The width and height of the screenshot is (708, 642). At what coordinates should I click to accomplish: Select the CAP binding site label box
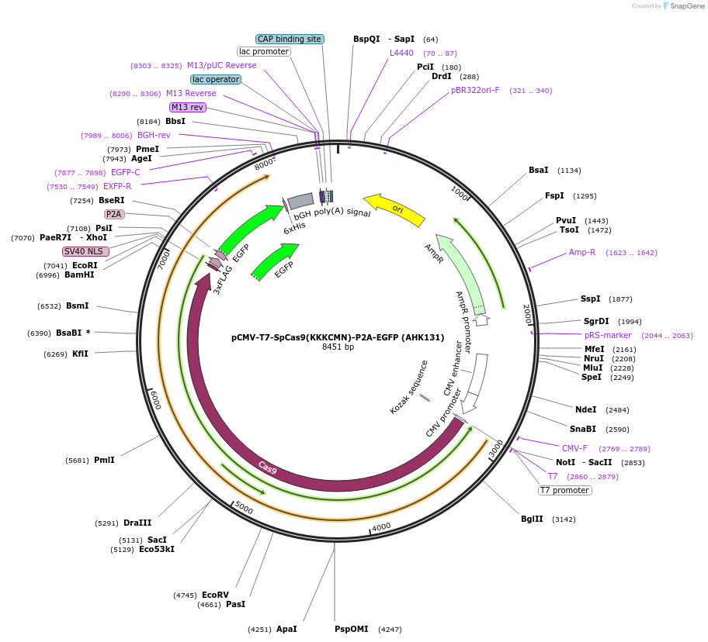[290, 39]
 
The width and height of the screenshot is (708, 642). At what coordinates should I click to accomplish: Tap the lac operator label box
[216, 79]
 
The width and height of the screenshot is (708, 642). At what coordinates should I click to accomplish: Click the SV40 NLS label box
[85, 251]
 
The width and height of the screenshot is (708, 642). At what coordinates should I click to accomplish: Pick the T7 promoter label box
[565, 490]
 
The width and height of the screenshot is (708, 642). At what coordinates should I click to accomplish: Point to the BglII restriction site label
[533, 519]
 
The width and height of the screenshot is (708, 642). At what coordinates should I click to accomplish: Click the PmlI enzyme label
[104, 460]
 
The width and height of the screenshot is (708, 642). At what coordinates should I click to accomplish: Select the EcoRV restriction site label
[215, 595]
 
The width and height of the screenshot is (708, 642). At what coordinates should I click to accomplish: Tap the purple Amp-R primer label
[582, 252]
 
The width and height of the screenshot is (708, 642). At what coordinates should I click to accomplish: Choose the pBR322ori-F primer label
[475, 90]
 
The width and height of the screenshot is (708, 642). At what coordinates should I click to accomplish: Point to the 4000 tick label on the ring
[380, 527]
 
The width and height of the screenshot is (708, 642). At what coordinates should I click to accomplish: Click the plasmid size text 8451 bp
[338, 347]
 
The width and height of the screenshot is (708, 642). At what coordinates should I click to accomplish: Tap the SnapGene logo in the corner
[682, 5]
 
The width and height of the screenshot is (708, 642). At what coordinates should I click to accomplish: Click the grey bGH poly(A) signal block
[300, 203]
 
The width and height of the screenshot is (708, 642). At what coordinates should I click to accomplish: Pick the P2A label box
[114, 214]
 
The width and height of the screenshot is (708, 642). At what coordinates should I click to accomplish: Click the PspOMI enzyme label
[352, 629]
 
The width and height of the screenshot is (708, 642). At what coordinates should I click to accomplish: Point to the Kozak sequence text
[408, 386]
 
